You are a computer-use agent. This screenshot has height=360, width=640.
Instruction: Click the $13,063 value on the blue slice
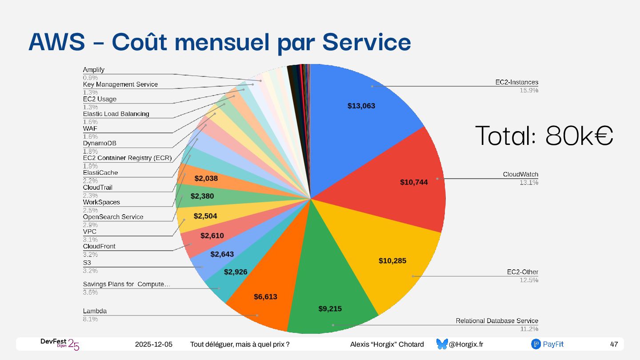361,106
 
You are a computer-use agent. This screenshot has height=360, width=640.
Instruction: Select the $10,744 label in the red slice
414,182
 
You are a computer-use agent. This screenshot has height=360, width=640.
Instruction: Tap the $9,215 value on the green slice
330,308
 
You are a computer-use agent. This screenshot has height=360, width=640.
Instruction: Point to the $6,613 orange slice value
265,296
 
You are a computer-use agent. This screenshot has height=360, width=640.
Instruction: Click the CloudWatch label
520,174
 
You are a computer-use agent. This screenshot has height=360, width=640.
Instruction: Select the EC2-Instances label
517,82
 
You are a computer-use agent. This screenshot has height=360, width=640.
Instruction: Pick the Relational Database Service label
497,321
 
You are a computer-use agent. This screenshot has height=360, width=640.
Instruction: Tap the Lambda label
95,311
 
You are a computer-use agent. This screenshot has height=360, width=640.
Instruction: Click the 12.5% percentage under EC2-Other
529,280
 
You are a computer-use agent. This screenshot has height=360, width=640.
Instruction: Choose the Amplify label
94,70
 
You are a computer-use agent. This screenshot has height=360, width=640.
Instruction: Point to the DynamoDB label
100,143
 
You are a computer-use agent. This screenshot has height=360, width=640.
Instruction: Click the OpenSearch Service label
113,217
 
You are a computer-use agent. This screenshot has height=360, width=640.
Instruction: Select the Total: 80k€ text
544,136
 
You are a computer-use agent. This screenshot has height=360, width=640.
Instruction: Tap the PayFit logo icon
536,344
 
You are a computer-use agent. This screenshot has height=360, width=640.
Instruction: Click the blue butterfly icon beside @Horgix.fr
442,344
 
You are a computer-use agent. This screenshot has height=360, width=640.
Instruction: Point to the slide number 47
614,344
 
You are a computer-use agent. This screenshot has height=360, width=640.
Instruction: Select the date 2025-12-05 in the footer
154,344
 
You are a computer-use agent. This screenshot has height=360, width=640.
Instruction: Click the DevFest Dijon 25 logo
60,344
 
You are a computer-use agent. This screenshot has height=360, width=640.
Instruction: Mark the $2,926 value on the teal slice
236,272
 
